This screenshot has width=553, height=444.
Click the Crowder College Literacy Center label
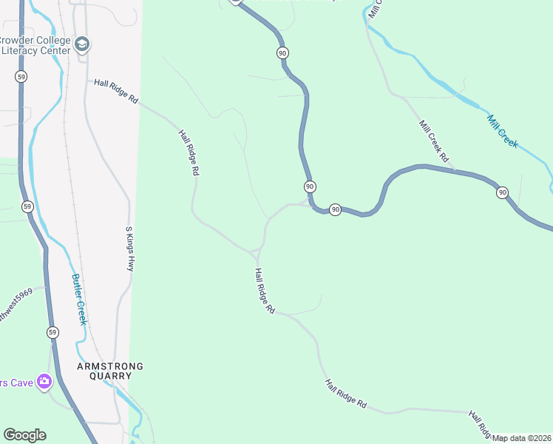pos(35,45)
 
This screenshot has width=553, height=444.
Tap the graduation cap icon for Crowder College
pos(81,45)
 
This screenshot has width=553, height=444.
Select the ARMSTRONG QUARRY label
pos(105,371)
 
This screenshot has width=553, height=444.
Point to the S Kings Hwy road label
pos(129,249)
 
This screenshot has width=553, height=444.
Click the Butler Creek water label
pos(78,299)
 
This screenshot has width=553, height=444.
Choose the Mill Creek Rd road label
pos(434,141)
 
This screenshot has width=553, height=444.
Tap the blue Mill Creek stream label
pos(502,130)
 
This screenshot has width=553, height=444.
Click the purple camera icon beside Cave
pos(44,382)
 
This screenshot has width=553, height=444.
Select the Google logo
pos(24,435)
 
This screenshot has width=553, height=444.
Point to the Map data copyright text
pos(522,438)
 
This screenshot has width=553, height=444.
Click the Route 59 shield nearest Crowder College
pos(21,76)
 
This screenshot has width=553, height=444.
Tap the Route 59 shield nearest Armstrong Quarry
pos(52,331)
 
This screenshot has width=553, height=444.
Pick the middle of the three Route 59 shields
pos(27,206)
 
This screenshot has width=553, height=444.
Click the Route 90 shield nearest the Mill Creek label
pos(502,193)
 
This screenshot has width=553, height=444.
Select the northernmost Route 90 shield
pos(282,53)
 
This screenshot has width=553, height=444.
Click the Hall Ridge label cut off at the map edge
pos(481,424)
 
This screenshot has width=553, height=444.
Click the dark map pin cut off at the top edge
pos(235,2)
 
